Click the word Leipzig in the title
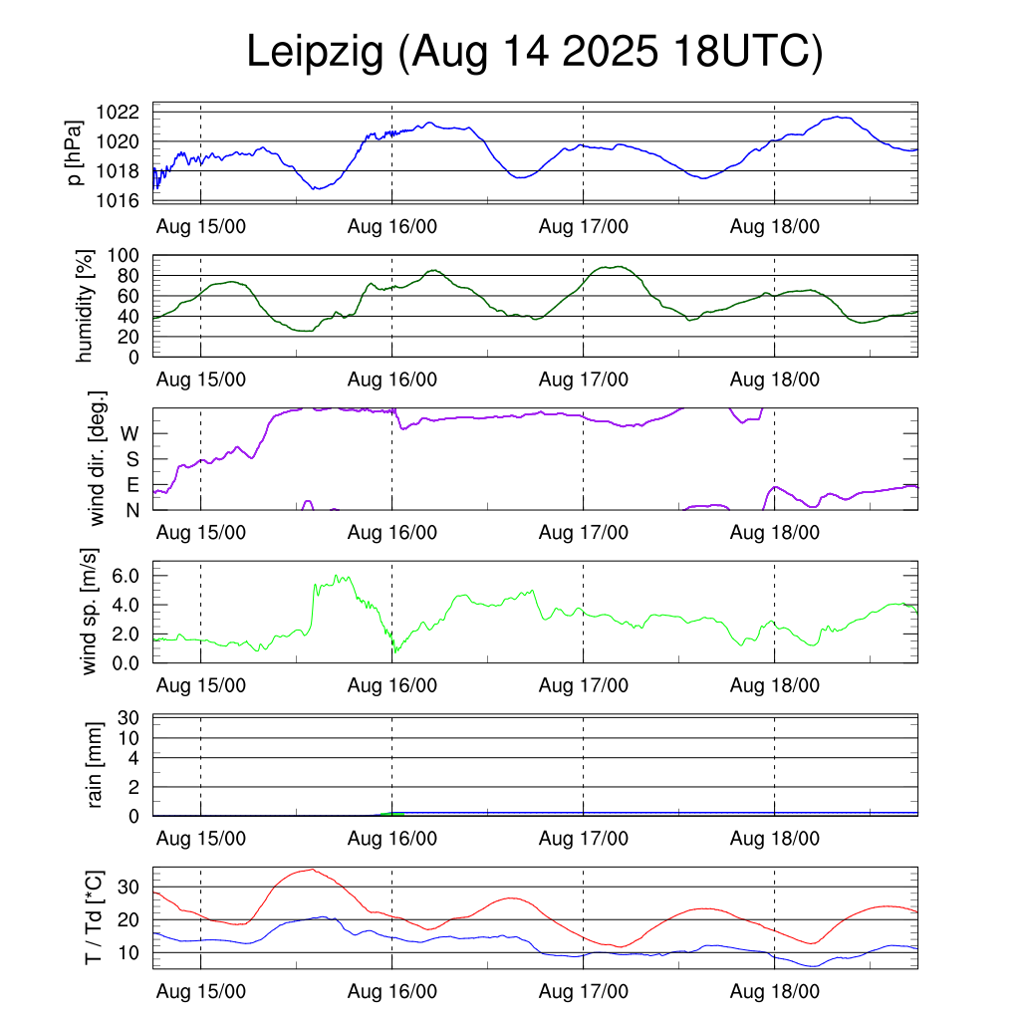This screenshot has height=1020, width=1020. pyautogui.click(x=316, y=53)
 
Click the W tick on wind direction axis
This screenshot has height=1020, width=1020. pyautogui.click(x=130, y=433)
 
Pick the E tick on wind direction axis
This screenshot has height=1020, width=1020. pyautogui.click(x=132, y=485)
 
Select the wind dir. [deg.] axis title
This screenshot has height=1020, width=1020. pyautogui.click(x=98, y=459)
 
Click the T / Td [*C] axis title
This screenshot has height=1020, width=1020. pyautogui.click(x=94, y=918)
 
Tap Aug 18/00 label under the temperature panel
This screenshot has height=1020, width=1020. pyautogui.click(x=775, y=992)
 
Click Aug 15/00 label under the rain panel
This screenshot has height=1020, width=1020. pyautogui.click(x=201, y=839)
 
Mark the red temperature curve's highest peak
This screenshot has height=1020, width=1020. pyautogui.click(x=312, y=870)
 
